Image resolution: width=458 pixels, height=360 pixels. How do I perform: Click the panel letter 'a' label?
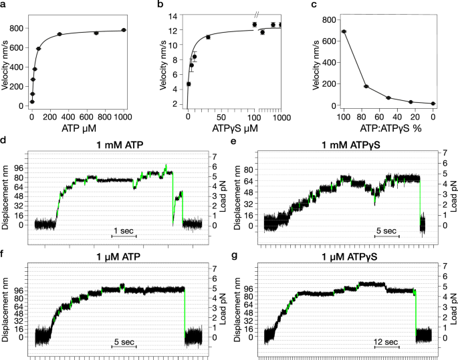(x=4, y=5)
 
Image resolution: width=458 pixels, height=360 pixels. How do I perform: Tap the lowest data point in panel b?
(x=189, y=84)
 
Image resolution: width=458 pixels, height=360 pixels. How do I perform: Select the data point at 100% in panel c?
(x=344, y=31)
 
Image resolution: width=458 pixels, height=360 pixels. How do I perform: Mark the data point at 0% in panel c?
(x=433, y=104)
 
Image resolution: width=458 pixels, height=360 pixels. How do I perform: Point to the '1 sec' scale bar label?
(x=124, y=230)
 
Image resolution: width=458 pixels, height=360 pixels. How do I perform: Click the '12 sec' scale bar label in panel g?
(x=386, y=342)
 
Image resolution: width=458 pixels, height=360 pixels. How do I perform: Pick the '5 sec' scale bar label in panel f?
(x=124, y=342)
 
